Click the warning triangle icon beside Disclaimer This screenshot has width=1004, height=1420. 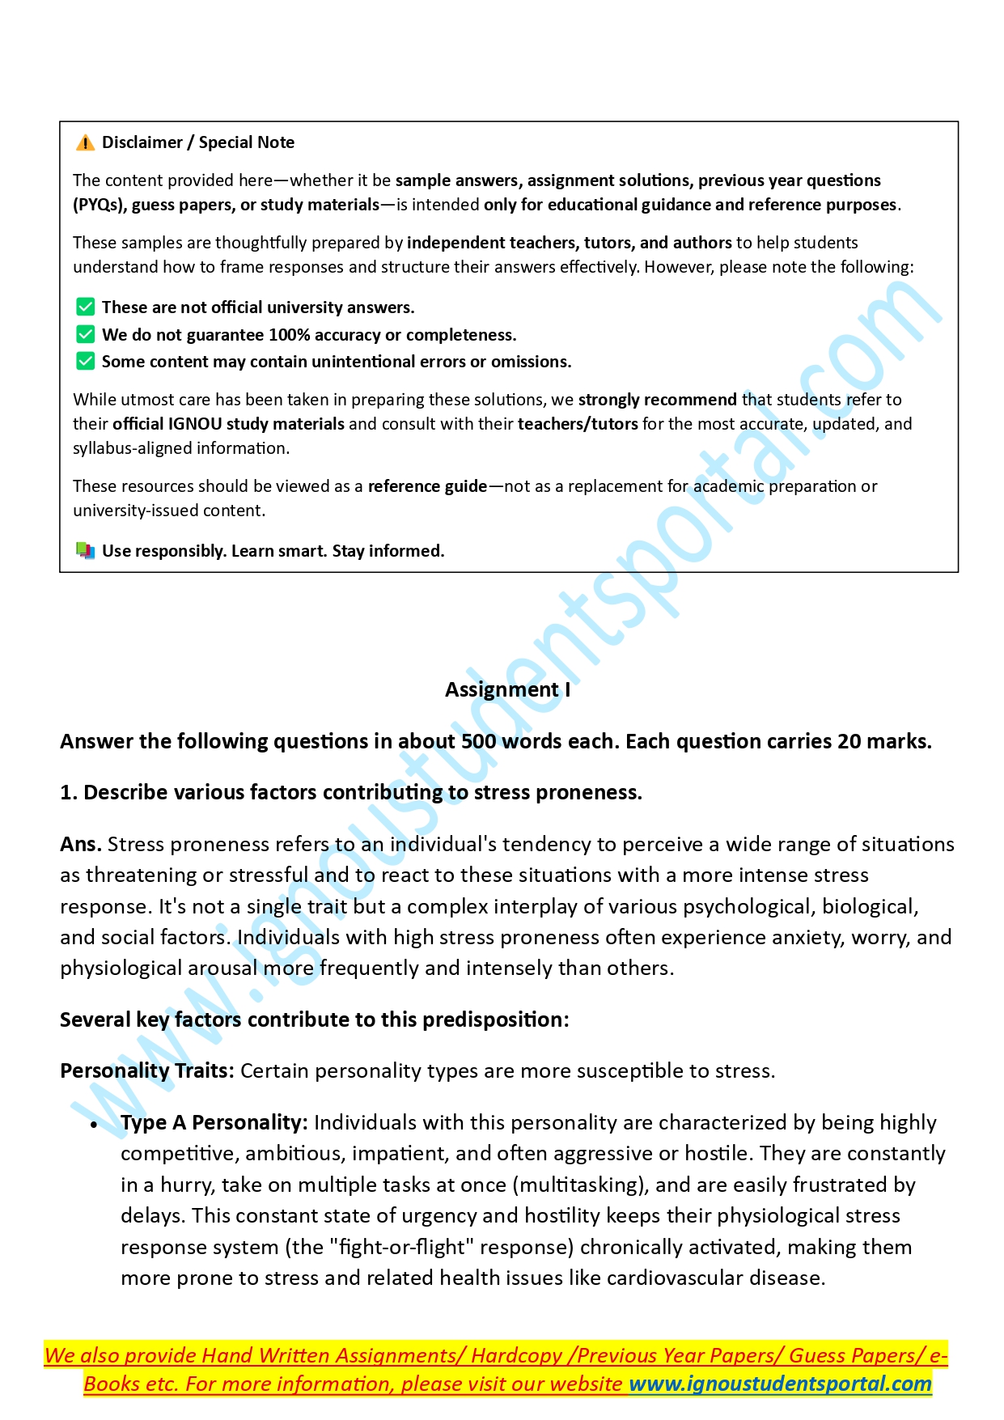click(85, 143)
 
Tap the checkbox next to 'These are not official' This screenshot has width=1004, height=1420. click(85, 307)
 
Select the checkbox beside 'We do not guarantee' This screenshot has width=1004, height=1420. click(85, 334)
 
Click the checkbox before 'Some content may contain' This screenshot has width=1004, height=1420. click(85, 361)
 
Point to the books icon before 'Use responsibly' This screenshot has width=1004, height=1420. click(85, 551)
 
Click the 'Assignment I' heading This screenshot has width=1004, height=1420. click(507, 689)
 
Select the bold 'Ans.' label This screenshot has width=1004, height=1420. click(81, 844)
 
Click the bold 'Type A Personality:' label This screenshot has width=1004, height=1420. click(214, 1122)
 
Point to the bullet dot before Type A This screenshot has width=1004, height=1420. click(94, 1125)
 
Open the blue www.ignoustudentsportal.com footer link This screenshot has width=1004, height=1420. click(780, 1384)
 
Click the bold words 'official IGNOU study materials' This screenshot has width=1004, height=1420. click(228, 424)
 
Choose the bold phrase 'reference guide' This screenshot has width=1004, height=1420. click(427, 486)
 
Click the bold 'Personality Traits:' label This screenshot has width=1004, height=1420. click(147, 1070)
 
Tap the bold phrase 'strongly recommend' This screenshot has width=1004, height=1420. click(657, 400)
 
